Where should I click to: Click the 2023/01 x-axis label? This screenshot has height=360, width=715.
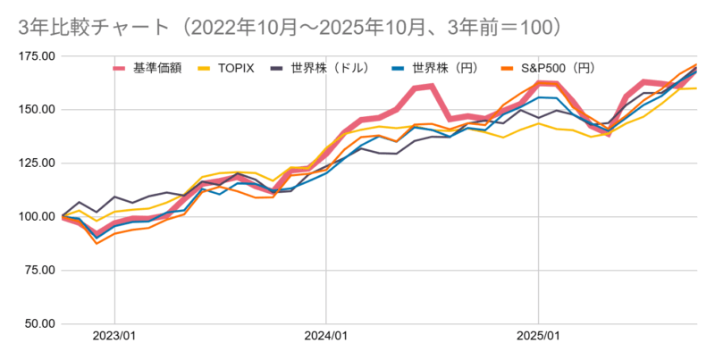coord(114,337)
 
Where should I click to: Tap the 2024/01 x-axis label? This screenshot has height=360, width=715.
coord(326,337)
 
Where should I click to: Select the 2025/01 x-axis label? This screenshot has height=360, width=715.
coord(538,337)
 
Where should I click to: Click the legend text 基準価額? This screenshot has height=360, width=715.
coord(157,68)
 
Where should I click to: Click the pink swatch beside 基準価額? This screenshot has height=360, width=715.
coord(121,68)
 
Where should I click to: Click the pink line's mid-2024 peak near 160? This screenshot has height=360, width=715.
coord(431,86)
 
